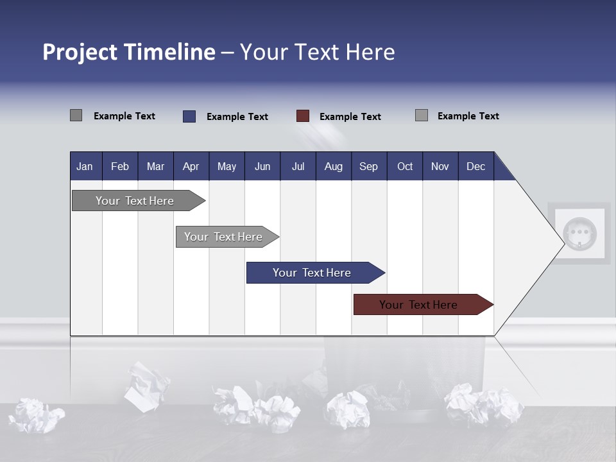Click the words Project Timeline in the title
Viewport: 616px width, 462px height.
(128, 52)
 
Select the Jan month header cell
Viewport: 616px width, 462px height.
(85, 166)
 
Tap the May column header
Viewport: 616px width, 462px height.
(227, 166)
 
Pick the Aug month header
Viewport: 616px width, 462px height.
(333, 166)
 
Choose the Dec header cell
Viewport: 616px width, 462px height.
(475, 166)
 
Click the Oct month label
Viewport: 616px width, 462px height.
(405, 166)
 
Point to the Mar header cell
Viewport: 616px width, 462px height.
(155, 166)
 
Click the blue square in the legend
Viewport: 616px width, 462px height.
(189, 116)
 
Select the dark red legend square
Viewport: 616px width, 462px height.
(303, 116)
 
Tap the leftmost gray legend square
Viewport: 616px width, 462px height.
(76, 116)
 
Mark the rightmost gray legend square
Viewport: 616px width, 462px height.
(422, 116)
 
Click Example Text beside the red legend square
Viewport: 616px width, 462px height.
(350, 117)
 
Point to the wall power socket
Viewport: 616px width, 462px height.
(579, 232)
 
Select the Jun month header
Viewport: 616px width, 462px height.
(262, 166)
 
